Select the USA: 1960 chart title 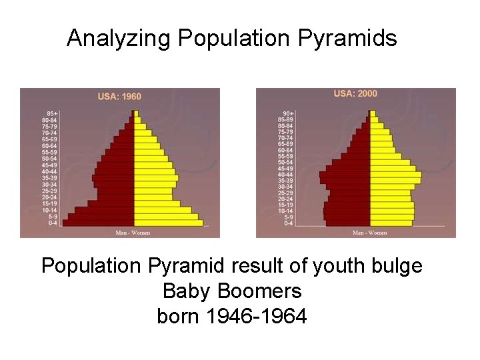(119, 97)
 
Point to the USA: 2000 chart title (355, 94)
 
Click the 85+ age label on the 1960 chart (51, 113)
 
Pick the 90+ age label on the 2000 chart (287, 113)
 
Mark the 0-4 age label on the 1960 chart (53, 223)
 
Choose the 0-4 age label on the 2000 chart (288, 223)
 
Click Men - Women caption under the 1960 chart (133, 233)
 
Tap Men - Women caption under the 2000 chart (369, 233)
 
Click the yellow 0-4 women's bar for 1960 (168, 223)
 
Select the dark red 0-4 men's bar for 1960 (99, 223)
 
